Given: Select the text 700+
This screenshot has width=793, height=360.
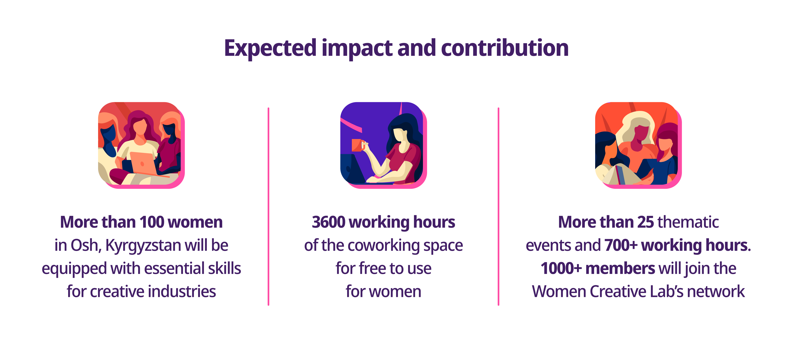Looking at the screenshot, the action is [621, 245].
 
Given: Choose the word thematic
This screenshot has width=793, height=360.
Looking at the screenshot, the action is [688, 222].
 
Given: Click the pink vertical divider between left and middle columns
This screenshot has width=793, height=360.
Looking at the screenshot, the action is [268, 206].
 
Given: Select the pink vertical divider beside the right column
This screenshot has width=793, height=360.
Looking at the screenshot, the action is [498, 206].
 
